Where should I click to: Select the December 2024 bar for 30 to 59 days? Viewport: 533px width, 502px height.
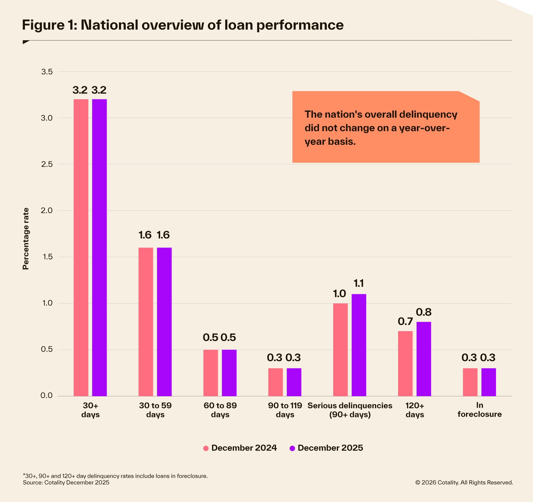[145, 321]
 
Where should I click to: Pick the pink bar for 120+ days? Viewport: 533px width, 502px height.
[405, 363]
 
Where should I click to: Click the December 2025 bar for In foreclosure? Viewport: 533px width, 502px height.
[488, 382]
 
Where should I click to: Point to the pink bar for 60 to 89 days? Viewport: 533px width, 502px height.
[210, 373]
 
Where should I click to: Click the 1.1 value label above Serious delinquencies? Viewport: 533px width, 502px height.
[359, 283]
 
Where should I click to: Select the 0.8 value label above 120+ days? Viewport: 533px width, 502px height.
[424, 312]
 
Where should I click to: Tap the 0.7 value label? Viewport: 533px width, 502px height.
[405, 321]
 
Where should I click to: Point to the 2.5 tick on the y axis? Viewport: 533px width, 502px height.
[47, 164]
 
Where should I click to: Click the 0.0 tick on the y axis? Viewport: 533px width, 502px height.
[47, 396]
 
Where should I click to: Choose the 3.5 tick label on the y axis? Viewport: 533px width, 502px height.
[47, 72]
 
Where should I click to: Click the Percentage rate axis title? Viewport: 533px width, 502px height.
[26, 239]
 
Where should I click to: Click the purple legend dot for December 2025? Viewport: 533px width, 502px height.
[292, 448]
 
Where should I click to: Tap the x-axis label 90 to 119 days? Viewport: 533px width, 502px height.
[285, 410]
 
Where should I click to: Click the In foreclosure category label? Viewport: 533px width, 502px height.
[479, 410]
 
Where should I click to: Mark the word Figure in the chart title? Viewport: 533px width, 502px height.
[43, 25]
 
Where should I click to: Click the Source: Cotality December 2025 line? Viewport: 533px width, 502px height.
[66, 482]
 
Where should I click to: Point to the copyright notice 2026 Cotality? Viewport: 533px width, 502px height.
[464, 482]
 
